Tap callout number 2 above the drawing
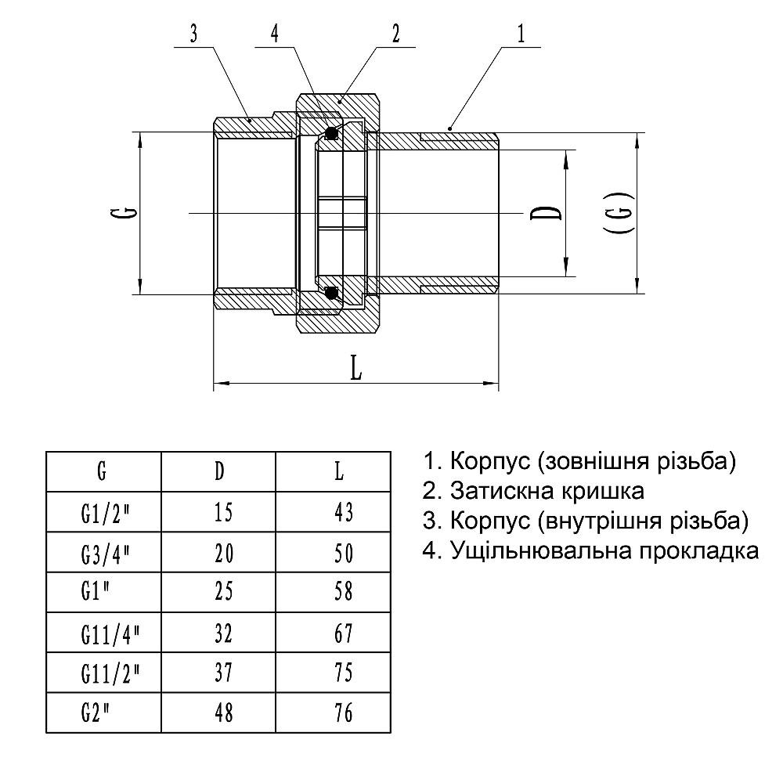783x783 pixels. (x=396, y=34)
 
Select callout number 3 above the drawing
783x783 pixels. (x=193, y=35)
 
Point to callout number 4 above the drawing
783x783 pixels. (x=274, y=35)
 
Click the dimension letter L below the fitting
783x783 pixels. (x=356, y=369)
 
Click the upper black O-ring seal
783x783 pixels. (x=331, y=133)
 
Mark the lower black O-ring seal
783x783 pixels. (x=331, y=294)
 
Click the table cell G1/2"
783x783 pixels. (x=103, y=513)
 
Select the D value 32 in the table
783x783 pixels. (x=223, y=632)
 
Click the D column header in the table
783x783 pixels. (x=220, y=471)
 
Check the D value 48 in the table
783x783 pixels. (x=223, y=713)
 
